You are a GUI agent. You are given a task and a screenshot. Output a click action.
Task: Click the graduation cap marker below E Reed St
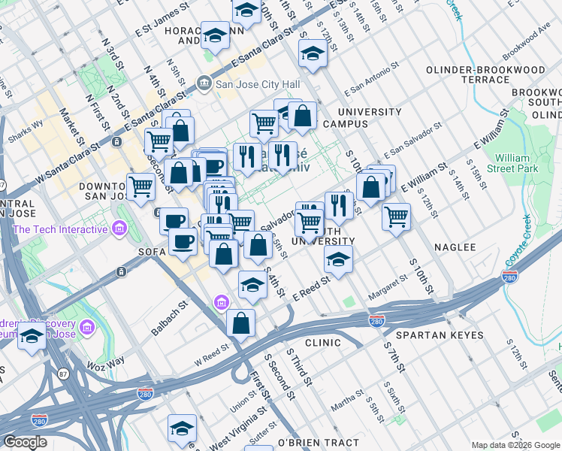point(252,285)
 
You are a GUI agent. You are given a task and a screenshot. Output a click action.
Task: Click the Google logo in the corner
point(25,442)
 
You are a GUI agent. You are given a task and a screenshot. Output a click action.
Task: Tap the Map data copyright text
point(515,445)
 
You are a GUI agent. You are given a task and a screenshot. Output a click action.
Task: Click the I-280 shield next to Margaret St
point(377,321)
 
